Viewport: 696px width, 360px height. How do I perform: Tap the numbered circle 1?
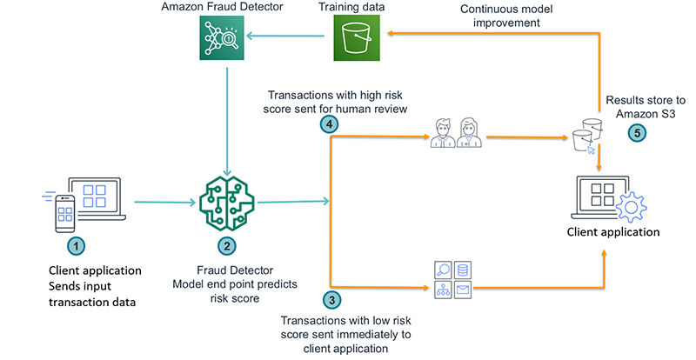point(77,246)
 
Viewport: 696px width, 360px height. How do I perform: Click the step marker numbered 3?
point(331,301)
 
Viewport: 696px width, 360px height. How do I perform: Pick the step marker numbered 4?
point(329,125)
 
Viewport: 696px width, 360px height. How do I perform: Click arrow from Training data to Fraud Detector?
point(290,37)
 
